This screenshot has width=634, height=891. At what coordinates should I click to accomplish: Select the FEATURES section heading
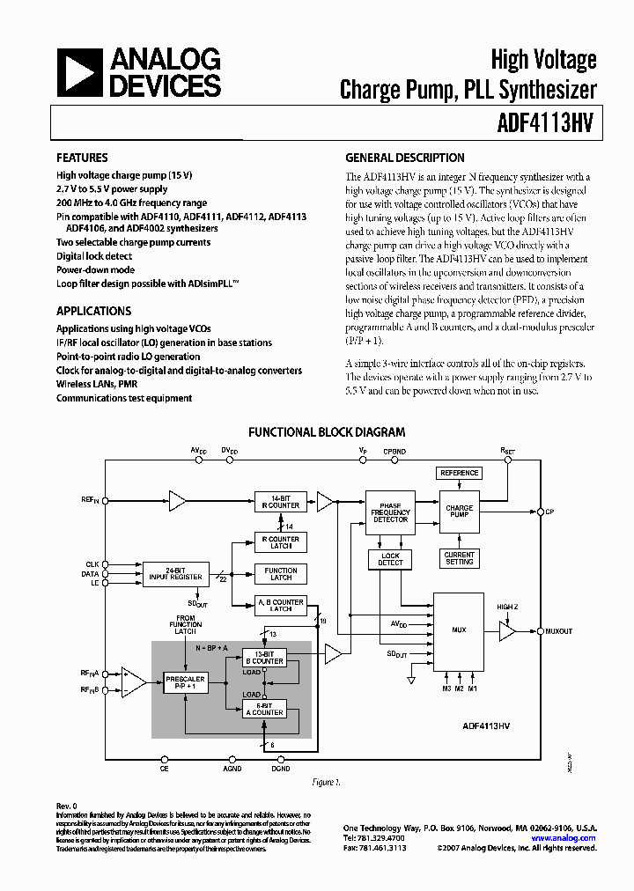tap(82, 158)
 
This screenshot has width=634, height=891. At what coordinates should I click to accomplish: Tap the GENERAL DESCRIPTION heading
tap(405, 158)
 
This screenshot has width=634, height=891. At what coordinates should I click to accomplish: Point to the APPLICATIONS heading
tap(93, 311)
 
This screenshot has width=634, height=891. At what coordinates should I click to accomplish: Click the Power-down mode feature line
tap(95, 270)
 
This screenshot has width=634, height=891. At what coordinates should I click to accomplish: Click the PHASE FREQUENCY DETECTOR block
tap(390, 512)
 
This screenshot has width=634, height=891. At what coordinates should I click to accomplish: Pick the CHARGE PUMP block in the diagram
tap(459, 512)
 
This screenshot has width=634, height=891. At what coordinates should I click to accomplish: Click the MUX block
tap(458, 630)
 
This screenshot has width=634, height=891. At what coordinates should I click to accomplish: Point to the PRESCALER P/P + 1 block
tap(185, 682)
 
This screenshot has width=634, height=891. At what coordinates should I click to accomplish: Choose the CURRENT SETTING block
tap(459, 558)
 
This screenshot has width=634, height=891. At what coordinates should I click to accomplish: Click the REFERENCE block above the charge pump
tap(459, 474)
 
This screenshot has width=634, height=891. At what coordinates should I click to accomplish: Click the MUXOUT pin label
tap(559, 631)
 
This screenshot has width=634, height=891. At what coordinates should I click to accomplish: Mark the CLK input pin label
tap(92, 563)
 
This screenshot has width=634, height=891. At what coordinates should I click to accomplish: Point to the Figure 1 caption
tap(327, 781)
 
